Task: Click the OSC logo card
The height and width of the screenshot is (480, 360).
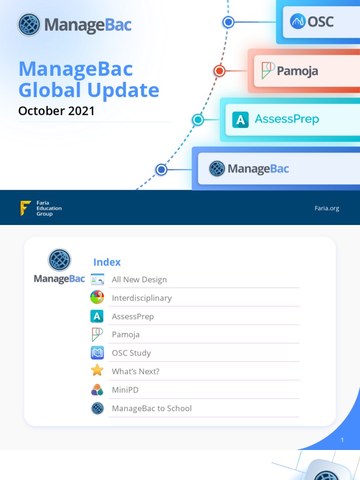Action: click(319, 22)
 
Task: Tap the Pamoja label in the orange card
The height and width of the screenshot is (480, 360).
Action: click(297, 71)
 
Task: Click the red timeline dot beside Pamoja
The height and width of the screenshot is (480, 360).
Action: click(219, 71)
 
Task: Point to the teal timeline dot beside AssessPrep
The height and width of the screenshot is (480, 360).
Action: click(198, 120)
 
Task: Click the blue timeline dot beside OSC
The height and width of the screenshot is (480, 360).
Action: click(228, 22)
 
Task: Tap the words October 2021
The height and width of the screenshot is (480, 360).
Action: click(56, 111)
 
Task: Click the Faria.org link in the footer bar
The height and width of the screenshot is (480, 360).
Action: click(327, 208)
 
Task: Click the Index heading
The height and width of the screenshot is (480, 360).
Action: click(107, 262)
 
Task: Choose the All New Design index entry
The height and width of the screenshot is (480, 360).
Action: click(139, 279)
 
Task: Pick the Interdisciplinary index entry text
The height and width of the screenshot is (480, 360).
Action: click(142, 298)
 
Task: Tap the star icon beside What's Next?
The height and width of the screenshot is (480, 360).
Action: click(97, 371)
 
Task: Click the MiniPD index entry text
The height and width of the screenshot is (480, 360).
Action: click(125, 390)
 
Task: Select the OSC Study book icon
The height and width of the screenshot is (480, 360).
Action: click(97, 352)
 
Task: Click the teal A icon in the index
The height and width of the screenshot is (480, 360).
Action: click(97, 316)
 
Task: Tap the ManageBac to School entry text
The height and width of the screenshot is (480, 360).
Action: click(151, 408)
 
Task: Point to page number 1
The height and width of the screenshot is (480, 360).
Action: click(342, 440)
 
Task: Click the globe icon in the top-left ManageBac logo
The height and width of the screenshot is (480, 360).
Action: click(29, 24)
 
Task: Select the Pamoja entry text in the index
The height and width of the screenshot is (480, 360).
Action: click(126, 335)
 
